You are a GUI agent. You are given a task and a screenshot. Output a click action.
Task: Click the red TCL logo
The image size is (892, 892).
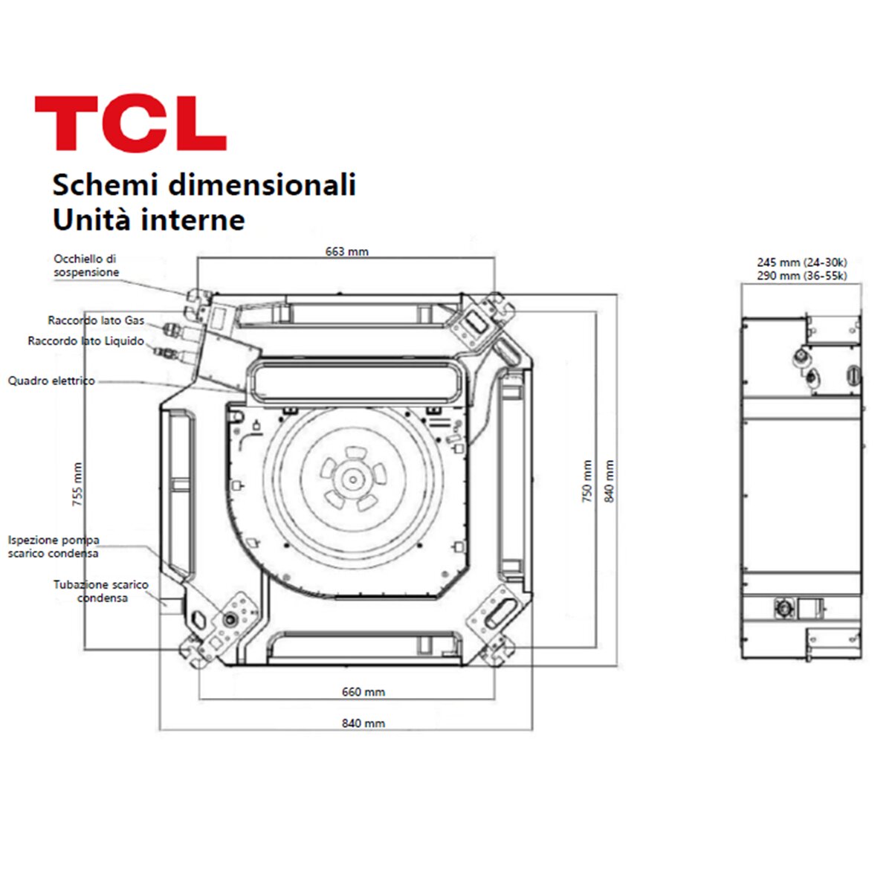coord(130,123)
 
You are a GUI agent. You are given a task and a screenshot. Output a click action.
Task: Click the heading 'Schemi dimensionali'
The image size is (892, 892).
coord(204,184)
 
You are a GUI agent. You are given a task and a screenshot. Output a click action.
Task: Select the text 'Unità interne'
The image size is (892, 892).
coord(149,220)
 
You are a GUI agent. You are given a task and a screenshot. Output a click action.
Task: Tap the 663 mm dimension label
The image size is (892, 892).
coord(346,251)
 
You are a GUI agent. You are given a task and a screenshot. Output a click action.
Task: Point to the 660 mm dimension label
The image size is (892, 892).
coord(363,692)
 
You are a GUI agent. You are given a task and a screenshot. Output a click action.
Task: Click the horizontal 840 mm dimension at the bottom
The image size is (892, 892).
coord(363,723)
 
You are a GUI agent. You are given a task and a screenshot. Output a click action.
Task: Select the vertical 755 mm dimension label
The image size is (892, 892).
coord(78,484)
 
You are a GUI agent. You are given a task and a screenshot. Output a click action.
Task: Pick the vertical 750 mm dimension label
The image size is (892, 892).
coord(587,481)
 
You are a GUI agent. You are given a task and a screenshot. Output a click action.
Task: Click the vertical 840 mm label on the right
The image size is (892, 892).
coord(610,481)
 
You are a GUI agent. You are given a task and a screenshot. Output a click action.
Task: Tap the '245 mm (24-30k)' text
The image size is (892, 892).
coord(801,262)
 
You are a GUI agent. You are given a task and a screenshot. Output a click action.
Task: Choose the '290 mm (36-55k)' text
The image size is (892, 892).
coord(801,276)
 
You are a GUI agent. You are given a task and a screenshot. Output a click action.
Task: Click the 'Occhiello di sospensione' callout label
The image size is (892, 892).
coord(85,265)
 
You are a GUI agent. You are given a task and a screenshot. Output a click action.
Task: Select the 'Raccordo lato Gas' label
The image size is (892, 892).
coord(96,320)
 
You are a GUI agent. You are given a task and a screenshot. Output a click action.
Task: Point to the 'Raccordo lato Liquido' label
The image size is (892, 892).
coord(85,340)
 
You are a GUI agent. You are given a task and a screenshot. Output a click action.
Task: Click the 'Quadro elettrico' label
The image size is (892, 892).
coord(51,381)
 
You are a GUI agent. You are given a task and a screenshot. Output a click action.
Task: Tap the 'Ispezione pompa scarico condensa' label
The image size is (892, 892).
coord(54,546)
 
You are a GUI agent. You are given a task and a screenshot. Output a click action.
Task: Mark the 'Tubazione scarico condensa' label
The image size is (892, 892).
coord(101,591)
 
